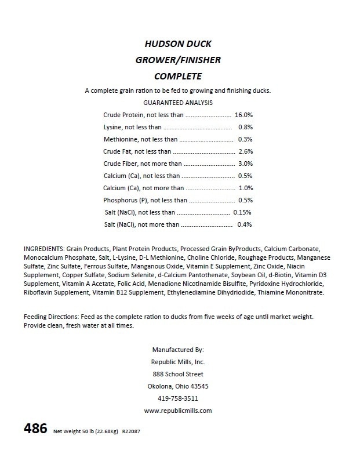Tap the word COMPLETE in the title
click(178, 75)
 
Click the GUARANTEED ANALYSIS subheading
click(178, 102)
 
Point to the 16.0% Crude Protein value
click(243, 115)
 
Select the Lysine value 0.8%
click(245, 127)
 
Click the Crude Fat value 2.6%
click(245, 151)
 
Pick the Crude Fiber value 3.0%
click(245, 164)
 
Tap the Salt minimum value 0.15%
click(242, 212)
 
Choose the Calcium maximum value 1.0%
click(246, 188)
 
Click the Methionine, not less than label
click(140, 139)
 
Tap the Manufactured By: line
click(178, 350)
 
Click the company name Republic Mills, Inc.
click(178, 362)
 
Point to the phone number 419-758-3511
click(178, 398)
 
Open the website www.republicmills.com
click(178, 411)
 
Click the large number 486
click(35, 430)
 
